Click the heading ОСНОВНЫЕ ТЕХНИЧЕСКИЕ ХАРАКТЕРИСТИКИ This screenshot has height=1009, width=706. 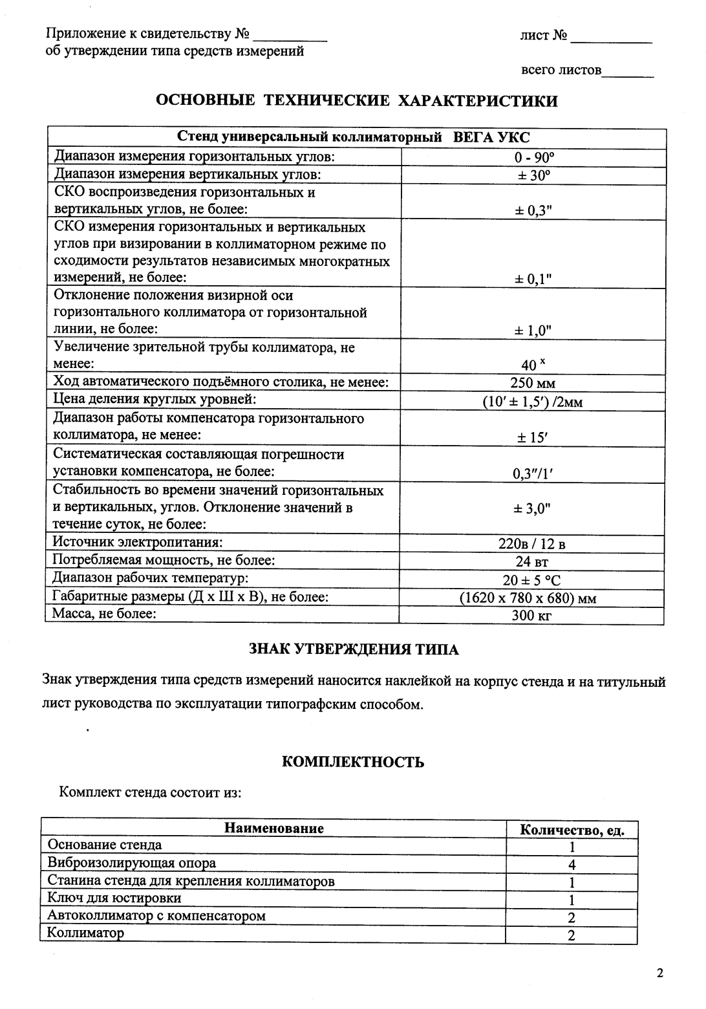point(357,101)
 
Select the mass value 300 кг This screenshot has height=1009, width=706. point(532,615)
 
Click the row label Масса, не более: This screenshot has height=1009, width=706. point(104,613)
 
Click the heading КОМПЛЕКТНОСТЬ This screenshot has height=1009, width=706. point(353,762)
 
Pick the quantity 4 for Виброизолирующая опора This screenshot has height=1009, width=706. point(572,865)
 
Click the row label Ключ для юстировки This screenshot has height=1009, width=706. point(114,898)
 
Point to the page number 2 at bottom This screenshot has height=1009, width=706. point(659,973)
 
